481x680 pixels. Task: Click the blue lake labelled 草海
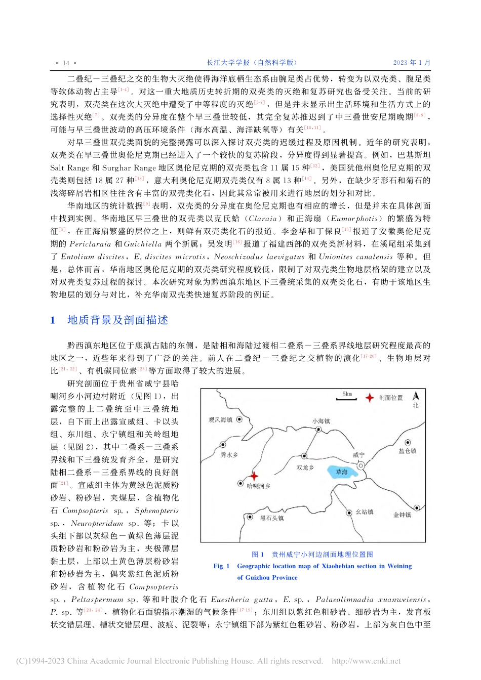[342, 473]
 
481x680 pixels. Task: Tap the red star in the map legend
[370, 398]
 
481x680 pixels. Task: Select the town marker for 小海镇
[319, 429]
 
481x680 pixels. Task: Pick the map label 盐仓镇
[407, 451]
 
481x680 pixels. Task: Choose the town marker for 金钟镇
[417, 507]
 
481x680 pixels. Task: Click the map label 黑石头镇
[271, 518]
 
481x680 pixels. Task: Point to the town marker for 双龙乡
[304, 456]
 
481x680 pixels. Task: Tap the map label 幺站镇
[365, 512]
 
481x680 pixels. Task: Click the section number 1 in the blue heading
[53, 320]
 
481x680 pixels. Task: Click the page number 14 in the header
[66, 63]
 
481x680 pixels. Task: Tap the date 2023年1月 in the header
[411, 63]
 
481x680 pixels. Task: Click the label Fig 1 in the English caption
[221, 566]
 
